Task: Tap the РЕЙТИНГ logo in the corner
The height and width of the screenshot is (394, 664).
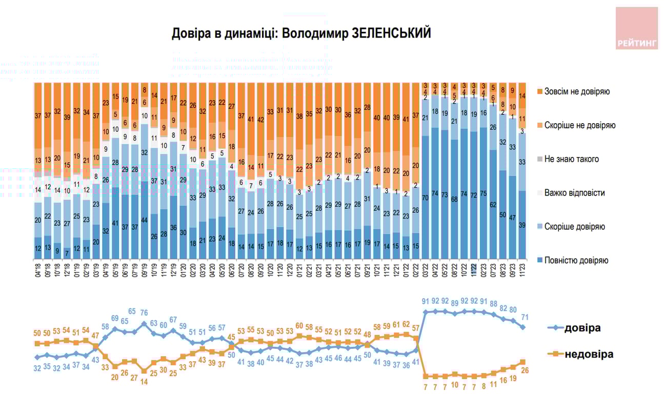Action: [x=636, y=28]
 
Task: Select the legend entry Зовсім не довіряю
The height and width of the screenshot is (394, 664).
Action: [x=577, y=92]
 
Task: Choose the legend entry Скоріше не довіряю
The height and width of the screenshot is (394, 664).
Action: [x=579, y=126]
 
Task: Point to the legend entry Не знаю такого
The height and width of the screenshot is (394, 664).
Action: [x=571, y=159]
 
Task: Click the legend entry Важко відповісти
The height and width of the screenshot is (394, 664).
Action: [x=575, y=193]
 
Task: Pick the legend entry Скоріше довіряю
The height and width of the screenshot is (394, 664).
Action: [x=575, y=227]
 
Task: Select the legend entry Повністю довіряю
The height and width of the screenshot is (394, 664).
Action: [x=577, y=260]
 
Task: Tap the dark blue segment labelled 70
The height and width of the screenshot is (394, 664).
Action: [x=425, y=197]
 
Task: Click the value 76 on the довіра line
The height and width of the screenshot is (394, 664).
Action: [x=145, y=312]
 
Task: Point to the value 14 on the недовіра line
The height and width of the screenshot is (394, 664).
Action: [x=145, y=382]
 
